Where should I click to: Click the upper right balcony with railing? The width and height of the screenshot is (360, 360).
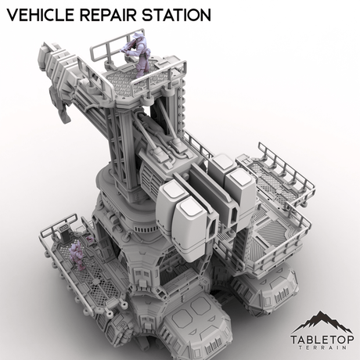pos(278,169)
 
